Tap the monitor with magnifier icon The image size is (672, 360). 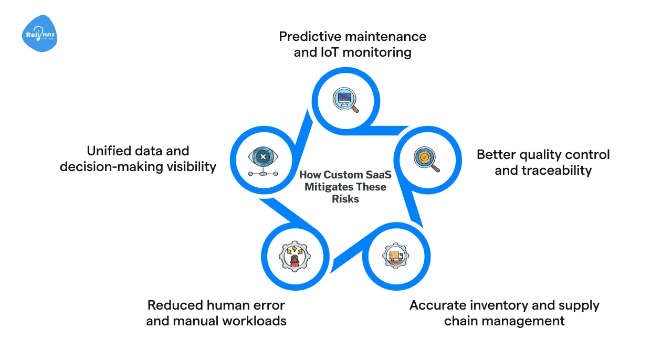pyautogui.click(x=345, y=100)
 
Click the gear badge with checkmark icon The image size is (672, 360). pyautogui.click(x=426, y=159)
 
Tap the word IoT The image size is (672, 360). pyautogui.click(x=330, y=52)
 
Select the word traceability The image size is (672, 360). pyautogui.click(x=543, y=171)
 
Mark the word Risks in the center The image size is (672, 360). pyautogui.click(x=345, y=199)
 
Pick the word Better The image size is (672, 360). pyautogui.click(x=494, y=155)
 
